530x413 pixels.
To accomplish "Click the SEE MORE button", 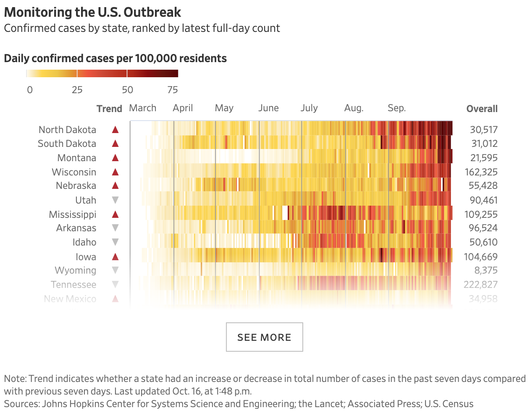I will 264,337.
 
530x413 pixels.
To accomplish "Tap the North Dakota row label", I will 67,130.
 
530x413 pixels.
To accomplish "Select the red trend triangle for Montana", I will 115,158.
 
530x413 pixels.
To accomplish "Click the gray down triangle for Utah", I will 115,200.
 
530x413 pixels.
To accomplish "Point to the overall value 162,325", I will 481,172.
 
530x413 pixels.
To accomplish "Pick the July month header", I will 309,108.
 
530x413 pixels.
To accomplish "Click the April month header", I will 183,108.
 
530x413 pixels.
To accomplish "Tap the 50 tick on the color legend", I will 127,90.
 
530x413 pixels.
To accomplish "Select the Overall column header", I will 482,109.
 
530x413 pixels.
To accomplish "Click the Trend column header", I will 109,109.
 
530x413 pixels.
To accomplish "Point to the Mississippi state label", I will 72,214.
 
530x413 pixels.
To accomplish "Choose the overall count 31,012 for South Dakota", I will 484,144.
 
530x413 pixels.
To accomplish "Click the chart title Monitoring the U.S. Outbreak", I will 92,12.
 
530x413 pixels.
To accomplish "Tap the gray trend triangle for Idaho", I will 115,242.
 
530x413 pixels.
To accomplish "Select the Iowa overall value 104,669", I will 480,256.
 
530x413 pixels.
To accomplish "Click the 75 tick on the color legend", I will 173,90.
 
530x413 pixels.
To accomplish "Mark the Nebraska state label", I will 76,186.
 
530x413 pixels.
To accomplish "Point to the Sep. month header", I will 396,108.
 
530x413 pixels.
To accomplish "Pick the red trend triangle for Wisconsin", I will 115,172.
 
